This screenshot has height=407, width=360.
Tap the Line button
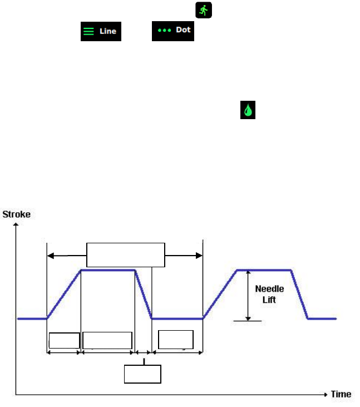click(100, 31)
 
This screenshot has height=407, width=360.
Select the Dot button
click(172, 30)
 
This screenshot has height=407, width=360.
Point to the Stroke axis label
click(17, 214)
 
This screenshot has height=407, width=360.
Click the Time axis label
click(341, 394)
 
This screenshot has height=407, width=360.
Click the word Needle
click(270, 289)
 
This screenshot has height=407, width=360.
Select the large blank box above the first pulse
click(126, 255)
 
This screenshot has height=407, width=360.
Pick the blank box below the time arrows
click(142, 374)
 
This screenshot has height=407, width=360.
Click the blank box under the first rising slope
click(64, 340)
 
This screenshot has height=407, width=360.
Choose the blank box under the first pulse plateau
click(107, 340)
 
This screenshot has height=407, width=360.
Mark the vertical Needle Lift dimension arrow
click(248, 295)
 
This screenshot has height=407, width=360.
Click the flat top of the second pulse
click(264, 270)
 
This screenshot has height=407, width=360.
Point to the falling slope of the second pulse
click(300, 295)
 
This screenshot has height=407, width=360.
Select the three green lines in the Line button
click(88, 31)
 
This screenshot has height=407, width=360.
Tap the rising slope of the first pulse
click(64, 295)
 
